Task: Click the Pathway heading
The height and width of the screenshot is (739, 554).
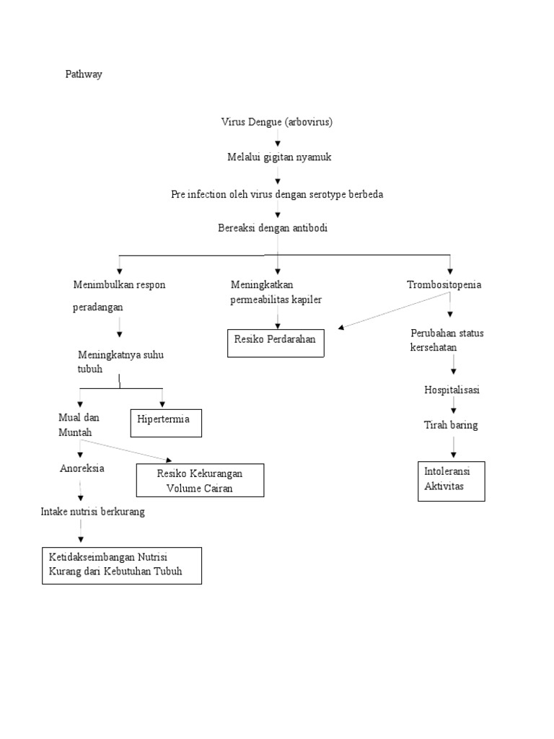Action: point(84,74)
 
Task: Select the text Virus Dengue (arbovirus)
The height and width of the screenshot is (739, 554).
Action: point(277,122)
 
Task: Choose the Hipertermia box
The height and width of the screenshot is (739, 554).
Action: point(166,423)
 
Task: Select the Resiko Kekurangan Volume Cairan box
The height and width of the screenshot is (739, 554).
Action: point(200,481)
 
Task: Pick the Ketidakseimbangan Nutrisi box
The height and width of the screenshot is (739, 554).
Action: point(121,565)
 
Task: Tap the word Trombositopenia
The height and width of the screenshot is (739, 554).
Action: point(444,284)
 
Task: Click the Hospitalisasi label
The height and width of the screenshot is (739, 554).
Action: point(452,390)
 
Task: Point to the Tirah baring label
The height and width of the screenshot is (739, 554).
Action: point(451,425)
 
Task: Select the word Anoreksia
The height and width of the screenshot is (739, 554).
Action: point(82,468)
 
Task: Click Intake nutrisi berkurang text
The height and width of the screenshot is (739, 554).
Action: point(93,512)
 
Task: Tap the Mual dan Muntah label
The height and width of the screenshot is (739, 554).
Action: point(79,424)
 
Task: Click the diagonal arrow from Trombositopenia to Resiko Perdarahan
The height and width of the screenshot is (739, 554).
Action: point(393,311)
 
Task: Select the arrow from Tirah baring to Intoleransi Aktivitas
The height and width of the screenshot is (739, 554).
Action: point(453,447)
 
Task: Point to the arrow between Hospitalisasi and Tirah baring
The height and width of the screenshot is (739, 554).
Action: point(453,408)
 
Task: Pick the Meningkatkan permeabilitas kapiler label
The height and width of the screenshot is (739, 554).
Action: point(276,292)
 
